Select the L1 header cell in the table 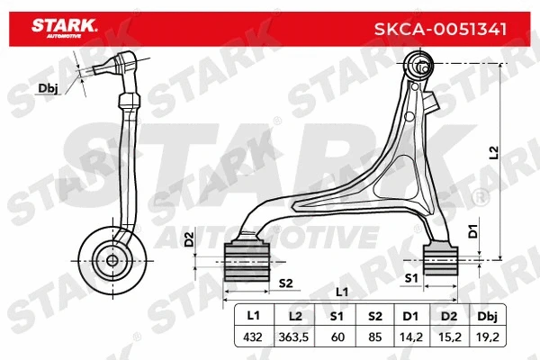point(253,317)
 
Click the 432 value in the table point(253,337)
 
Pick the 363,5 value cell point(295,337)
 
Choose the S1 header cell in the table point(337,317)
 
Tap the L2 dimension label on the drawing point(491,154)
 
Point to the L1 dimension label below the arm point(341,292)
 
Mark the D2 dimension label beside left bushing point(189,239)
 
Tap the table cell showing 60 point(337,337)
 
